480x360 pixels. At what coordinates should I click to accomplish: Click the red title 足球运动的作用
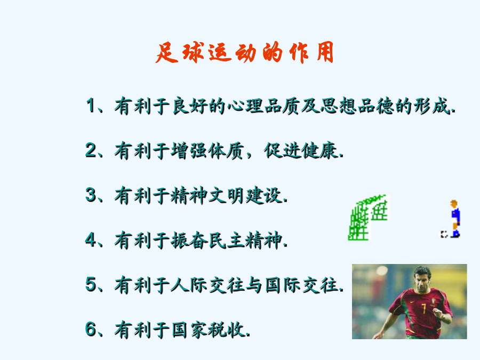pyautogui.click(x=244, y=52)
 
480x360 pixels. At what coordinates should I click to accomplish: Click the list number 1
pyautogui.click(x=91, y=105)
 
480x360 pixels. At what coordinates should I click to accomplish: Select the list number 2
pyautogui.click(x=91, y=150)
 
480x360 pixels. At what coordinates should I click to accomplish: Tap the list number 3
pyautogui.click(x=91, y=195)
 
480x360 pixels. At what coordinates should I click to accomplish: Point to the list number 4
pyautogui.click(x=91, y=239)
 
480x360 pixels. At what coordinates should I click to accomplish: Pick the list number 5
pyautogui.click(x=91, y=284)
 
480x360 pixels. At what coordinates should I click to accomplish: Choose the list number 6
pyautogui.click(x=91, y=329)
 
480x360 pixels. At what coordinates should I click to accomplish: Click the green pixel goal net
pyautogui.click(x=368, y=218)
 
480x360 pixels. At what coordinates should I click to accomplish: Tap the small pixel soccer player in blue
pyautogui.click(x=455, y=219)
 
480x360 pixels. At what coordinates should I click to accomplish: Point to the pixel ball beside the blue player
pyautogui.click(x=444, y=234)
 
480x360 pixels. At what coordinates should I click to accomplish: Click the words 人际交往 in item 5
pyautogui.click(x=207, y=285)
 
